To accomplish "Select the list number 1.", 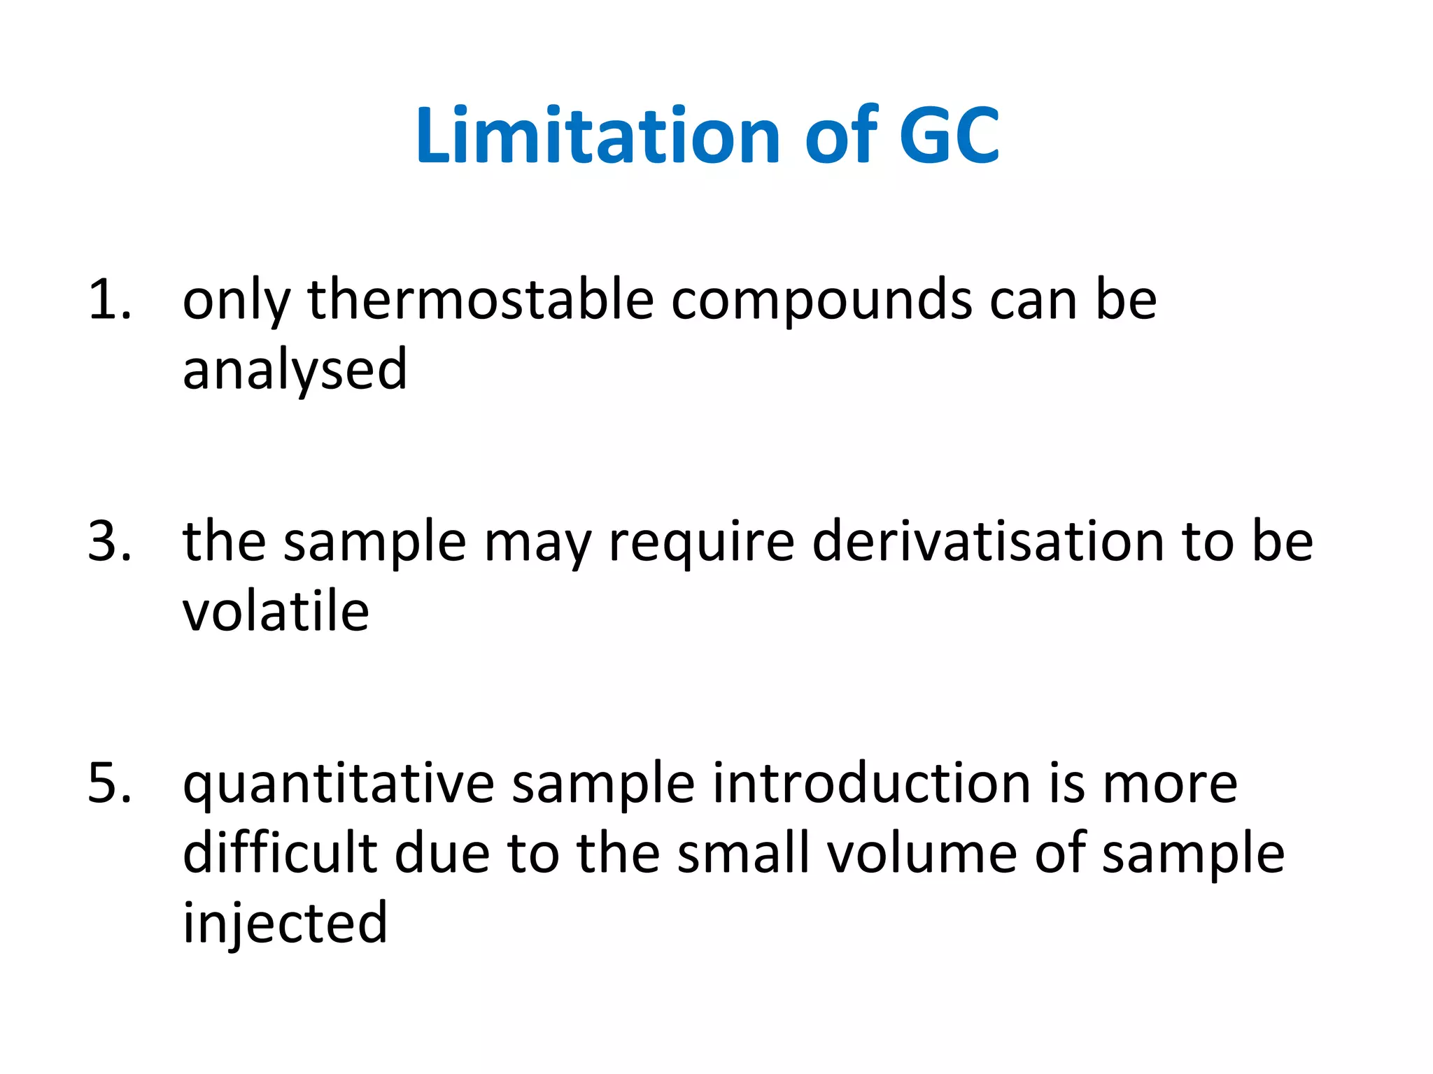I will click(109, 299).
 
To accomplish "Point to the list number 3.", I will click(109, 541).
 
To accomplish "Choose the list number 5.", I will click(109, 783).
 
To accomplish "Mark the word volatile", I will click(276, 611).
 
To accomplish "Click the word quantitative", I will click(339, 785).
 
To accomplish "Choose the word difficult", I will click(280, 853).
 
